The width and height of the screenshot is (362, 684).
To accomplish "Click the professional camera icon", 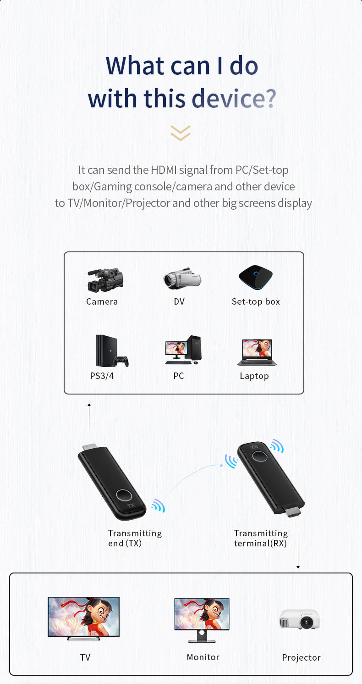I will pos(105,280).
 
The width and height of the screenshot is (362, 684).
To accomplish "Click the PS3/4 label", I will pos(102,376).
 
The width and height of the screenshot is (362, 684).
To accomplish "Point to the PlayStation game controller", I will pos(121,361).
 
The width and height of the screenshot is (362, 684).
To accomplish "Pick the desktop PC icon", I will pos(183,350).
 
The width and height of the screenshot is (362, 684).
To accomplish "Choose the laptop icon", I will pos(257,353).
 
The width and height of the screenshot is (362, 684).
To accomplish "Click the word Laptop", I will pos(254,376).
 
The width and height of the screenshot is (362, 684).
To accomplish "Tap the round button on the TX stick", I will pos(124,496).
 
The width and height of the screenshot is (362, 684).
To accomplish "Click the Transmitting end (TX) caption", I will pos(135,538).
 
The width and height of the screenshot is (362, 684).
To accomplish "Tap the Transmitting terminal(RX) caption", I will pos(261,538).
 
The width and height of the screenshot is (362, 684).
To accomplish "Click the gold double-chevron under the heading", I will pos(181,133).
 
